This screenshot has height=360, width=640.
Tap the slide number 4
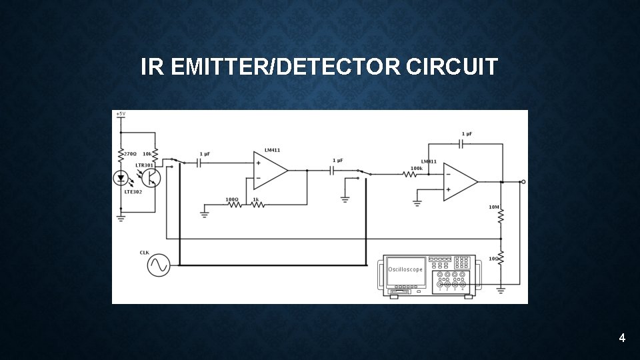pos(621,339)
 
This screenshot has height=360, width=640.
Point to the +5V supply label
pos(120,114)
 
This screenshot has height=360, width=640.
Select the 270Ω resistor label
pos(129,154)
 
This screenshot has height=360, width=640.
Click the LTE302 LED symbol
pos(121,178)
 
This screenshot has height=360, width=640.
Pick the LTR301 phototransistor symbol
pos(152,177)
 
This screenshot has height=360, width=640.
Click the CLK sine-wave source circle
pos(159,265)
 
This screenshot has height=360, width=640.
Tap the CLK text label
pos(145,253)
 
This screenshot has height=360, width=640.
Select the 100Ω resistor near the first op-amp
pos(235,205)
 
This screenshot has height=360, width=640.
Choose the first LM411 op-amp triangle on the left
pos(269,170)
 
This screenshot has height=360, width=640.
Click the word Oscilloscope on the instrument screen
pos(405,269)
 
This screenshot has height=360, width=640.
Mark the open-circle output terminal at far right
pos(523,181)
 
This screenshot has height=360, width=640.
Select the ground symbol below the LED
pos(121,216)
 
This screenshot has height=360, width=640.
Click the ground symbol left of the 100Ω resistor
pos(204,213)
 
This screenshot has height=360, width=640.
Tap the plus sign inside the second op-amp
pos(448,189)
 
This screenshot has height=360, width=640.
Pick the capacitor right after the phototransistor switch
pos(199,163)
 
